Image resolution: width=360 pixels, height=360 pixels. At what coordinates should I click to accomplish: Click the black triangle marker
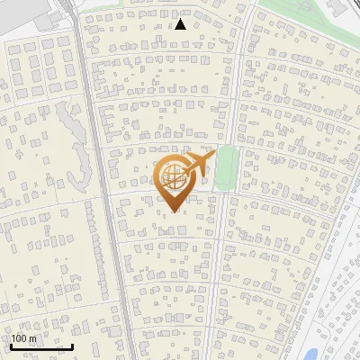[181, 24]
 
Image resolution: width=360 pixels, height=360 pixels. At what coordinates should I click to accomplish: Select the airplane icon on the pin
[197, 165]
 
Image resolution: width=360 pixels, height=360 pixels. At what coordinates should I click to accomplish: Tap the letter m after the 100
[32, 337]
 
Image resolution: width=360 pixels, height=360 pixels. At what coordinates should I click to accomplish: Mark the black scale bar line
[40, 346]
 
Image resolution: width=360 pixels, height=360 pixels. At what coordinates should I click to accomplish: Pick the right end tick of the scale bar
[72, 345]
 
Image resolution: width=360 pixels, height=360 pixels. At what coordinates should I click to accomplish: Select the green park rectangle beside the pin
[227, 168]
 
